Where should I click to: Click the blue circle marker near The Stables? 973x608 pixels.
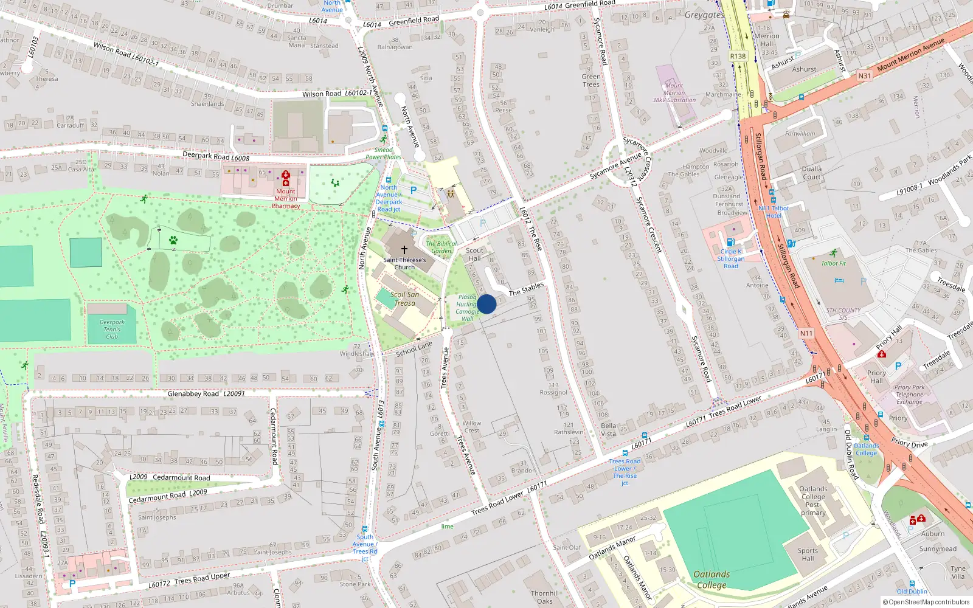click(x=486, y=304)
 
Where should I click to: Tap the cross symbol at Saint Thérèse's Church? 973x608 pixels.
click(x=404, y=249)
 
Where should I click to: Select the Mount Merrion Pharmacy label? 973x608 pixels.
click(x=286, y=198)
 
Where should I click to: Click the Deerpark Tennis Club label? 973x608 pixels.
click(x=112, y=330)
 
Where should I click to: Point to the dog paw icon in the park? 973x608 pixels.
click(x=173, y=240)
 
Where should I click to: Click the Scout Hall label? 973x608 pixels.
click(x=475, y=254)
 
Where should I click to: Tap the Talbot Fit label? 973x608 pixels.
click(x=834, y=263)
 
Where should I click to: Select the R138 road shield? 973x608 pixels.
click(x=738, y=56)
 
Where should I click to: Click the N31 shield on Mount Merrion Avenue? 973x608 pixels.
click(x=864, y=76)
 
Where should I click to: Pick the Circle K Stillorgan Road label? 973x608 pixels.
click(x=731, y=258)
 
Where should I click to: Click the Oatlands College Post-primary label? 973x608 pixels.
click(x=813, y=500)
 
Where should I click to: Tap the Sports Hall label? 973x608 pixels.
click(x=808, y=554)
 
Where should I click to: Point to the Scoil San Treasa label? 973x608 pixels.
click(x=405, y=299)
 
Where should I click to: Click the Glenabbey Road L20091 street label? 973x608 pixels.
click(x=206, y=394)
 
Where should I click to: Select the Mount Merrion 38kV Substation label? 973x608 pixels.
click(x=674, y=93)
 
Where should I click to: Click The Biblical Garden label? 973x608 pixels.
click(x=441, y=247)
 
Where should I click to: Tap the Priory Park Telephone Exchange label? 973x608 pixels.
click(x=909, y=395)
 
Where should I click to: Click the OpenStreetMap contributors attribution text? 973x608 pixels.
click(x=926, y=602)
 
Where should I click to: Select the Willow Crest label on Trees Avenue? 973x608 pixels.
click(x=471, y=427)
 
